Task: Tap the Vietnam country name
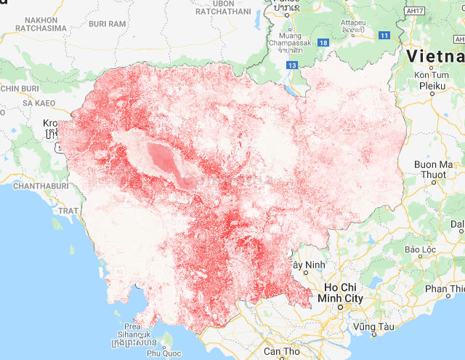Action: pyautogui.click(x=435, y=55)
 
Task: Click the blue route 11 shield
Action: pyautogui.click(x=384, y=35)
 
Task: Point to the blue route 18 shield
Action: pyautogui.click(x=323, y=44)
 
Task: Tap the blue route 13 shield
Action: pyautogui.click(x=292, y=65)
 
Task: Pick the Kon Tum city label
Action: pyautogui.click(x=430, y=75)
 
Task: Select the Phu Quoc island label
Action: pyautogui.click(x=163, y=353)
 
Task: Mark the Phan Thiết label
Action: pyautogui.click(x=444, y=289)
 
